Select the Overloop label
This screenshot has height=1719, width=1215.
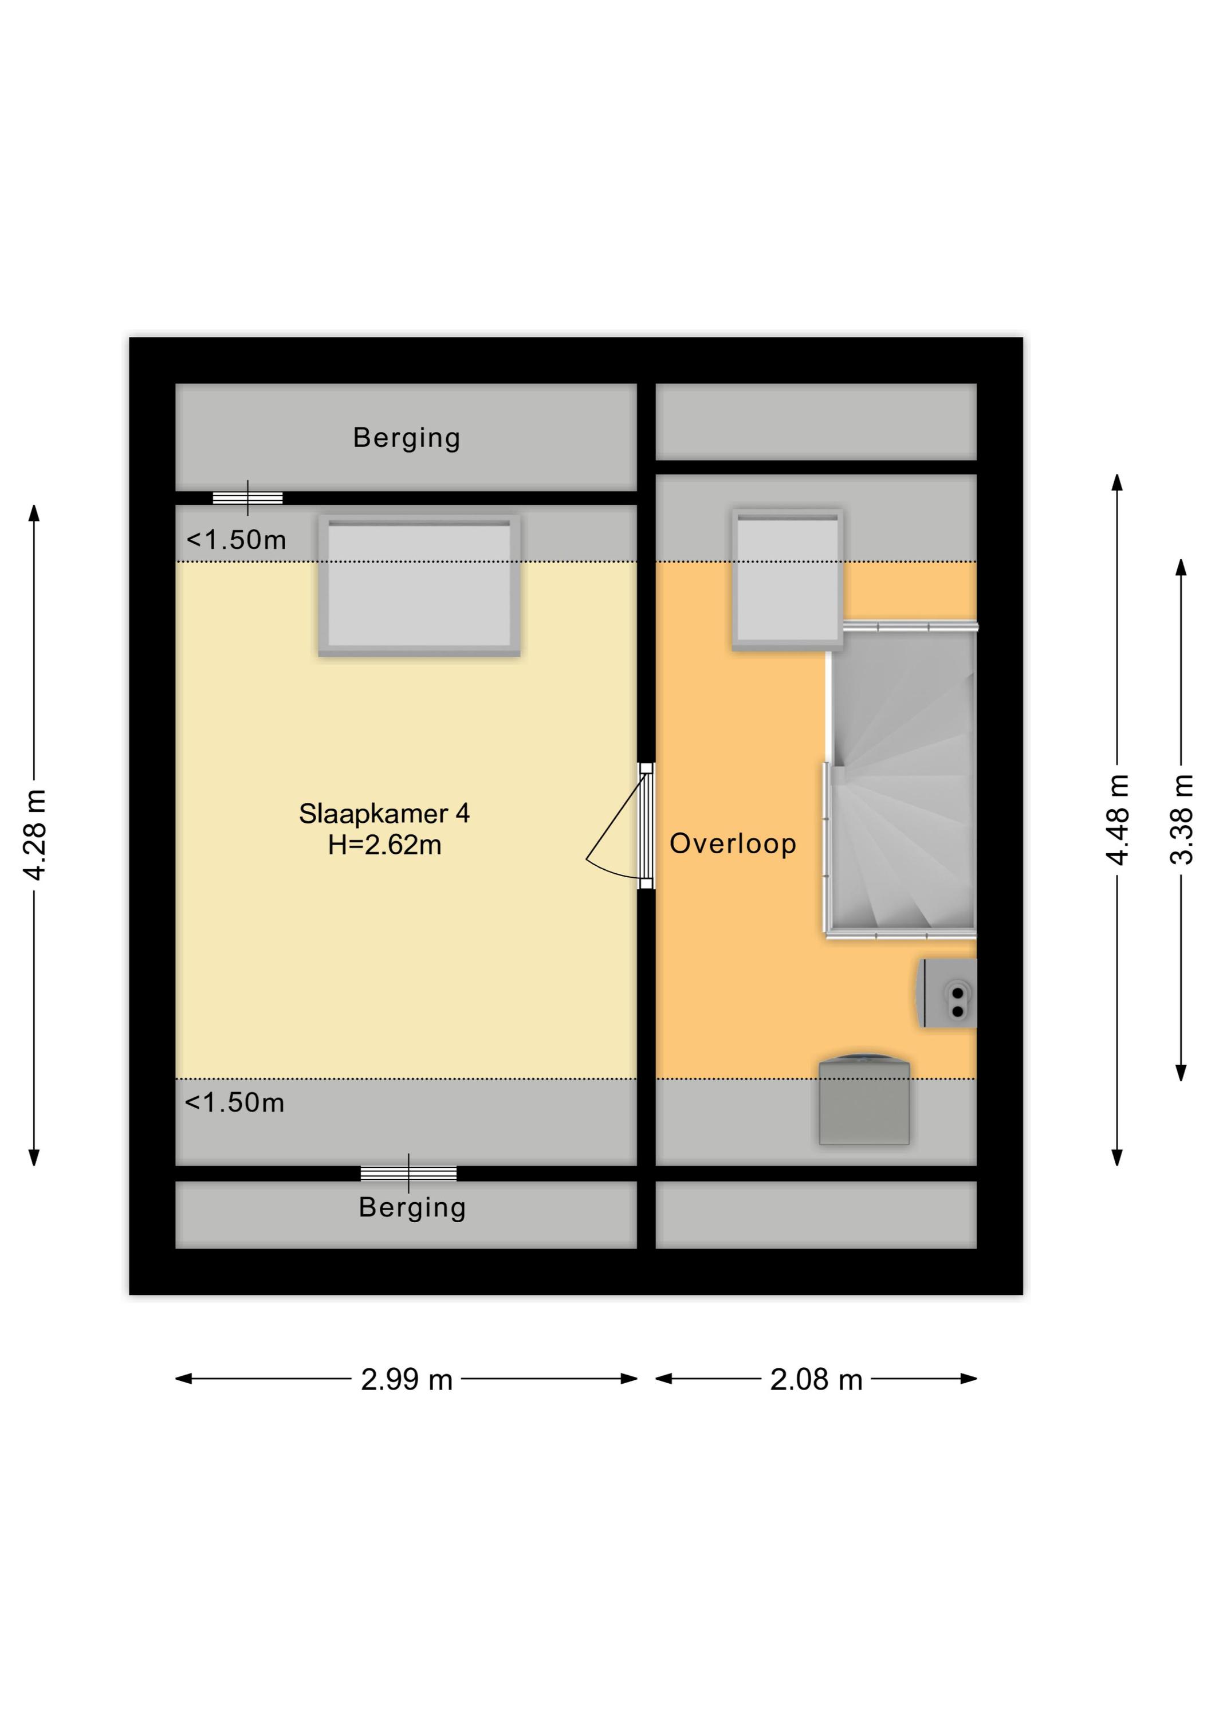pos(733,844)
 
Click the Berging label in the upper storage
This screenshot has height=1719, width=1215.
pos(407,438)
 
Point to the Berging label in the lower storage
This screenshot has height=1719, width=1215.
pos(412,1208)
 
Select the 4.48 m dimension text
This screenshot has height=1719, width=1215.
pos(1117,820)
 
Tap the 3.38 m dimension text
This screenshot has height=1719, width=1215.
pos(1181,820)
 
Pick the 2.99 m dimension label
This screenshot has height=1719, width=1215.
pos(407,1380)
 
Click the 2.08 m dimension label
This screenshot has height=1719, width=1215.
pos(816,1380)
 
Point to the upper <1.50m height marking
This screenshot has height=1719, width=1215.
pos(236,540)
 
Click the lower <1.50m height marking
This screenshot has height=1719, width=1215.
pos(234,1103)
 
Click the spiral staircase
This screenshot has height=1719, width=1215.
pos(901,779)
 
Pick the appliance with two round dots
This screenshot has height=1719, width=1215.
pos(947,994)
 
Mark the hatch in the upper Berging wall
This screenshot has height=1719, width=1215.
pos(248,498)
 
